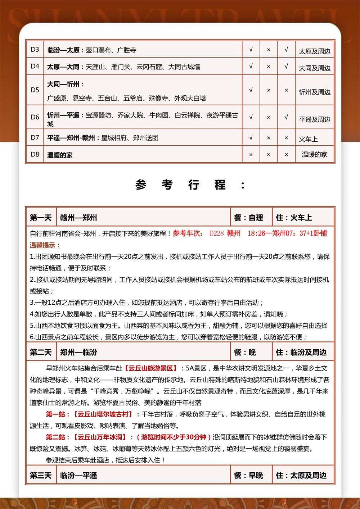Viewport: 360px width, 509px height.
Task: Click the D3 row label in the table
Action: (35, 50)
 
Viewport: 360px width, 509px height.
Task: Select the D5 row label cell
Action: (35, 90)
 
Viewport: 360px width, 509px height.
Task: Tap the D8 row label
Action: (35, 154)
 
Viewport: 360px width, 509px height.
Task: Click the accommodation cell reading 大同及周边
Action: (315, 68)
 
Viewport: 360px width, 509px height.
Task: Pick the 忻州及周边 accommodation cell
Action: (315, 92)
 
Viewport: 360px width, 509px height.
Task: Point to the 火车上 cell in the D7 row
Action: (308, 139)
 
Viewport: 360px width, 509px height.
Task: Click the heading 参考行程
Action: (190, 185)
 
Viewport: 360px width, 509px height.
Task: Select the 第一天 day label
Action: (41, 218)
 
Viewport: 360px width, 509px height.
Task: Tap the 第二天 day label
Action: (41, 352)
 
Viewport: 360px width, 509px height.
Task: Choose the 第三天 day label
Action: (41, 476)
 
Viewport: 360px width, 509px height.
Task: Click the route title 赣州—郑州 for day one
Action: (78, 218)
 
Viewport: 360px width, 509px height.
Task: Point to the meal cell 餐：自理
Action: (248, 218)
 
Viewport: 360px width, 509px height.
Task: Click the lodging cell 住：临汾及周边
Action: (301, 352)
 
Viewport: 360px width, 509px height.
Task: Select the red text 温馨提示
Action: (45, 245)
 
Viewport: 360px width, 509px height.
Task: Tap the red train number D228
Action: (217, 233)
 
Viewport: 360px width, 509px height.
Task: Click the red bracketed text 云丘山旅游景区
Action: (151, 368)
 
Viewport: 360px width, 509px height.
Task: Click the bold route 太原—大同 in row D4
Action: (63, 67)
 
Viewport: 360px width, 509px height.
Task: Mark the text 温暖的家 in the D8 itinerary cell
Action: (60, 155)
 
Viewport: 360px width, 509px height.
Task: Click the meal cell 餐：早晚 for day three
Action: (248, 476)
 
